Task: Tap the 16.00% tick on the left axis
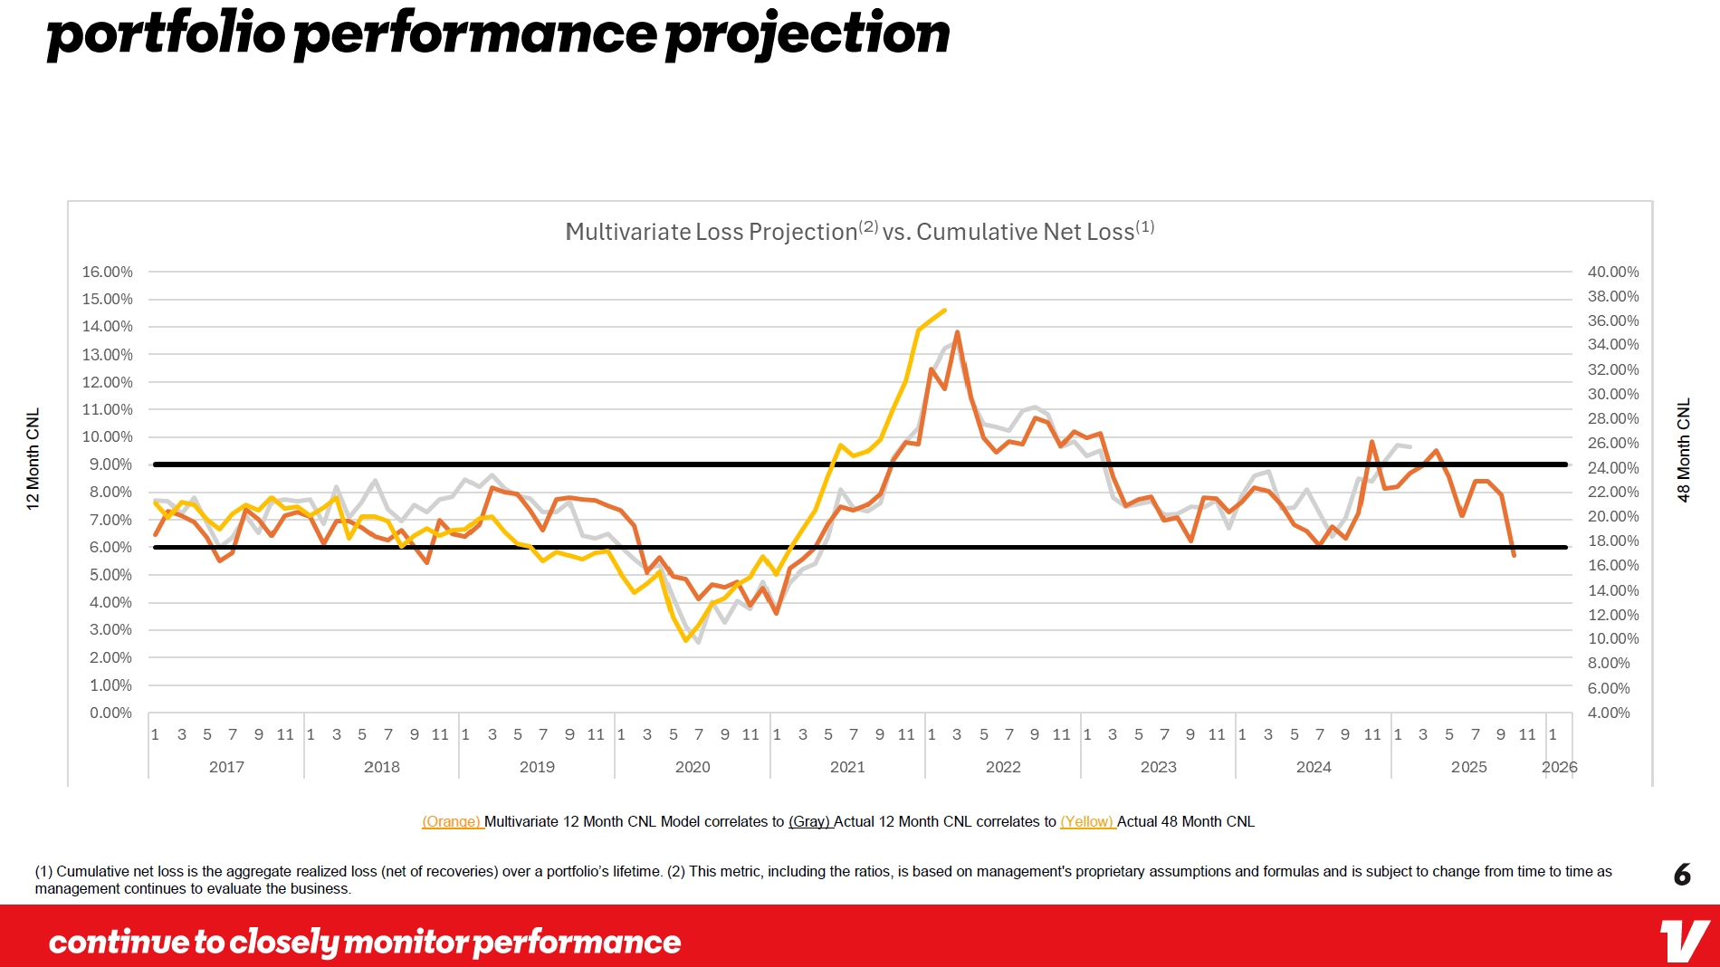pyautogui.click(x=107, y=272)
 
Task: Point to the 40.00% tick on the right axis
pyautogui.click(x=1612, y=272)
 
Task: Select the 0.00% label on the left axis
pyautogui.click(x=110, y=713)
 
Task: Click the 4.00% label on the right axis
pyautogui.click(x=1609, y=713)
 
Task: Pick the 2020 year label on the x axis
pyautogui.click(x=693, y=767)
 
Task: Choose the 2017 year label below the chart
pyautogui.click(x=226, y=767)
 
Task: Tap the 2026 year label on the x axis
pyautogui.click(x=1559, y=767)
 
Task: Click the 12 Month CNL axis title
pyautogui.click(x=33, y=459)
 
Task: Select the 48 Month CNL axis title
pyautogui.click(x=1684, y=450)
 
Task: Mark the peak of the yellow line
pyautogui.click(x=945, y=311)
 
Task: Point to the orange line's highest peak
pyautogui.click(x=958, y=332)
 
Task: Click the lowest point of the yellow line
pyautogui.click(x=686, y=640)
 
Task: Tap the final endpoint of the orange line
pyautogui.click(x=1514, y=555)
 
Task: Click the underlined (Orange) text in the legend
pyautogui.click(x=452, y=822)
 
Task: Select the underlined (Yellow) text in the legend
pyautogui.click(x=1087, y=822)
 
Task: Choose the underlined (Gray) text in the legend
pyautogui.click(x=810, y=822)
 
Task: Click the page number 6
pyautogui.click(x=1682, y=875)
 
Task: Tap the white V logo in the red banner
pyautogui.click(x=1684, y=941)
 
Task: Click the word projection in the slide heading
pyautogui.click(x=807, y=34)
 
